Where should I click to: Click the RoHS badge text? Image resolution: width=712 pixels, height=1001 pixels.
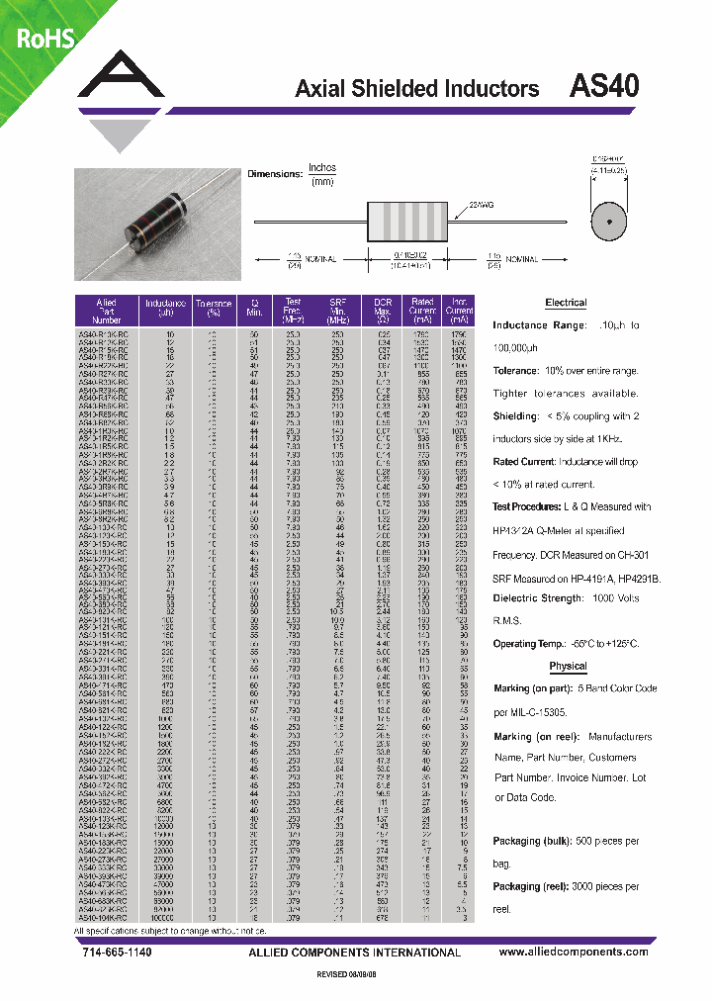click(x=39, y=39)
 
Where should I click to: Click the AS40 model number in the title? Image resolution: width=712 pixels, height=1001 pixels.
click(x=604, y=86)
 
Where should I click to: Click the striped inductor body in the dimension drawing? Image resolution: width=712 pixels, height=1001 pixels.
click(x=408, y=220)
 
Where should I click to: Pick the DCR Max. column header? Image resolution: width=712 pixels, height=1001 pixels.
click(x=384, y=311)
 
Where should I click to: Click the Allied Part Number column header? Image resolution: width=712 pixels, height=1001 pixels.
click(x=107, y=311)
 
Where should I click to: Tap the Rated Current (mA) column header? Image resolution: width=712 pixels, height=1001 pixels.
click(x=422, y=311)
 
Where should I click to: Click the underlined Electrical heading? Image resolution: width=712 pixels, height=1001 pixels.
click(x=566, y=303)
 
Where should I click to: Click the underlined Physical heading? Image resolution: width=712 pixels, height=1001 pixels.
click(x=568, y=666)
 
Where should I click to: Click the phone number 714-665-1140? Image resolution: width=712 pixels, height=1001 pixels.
click(x=110, y=952)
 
